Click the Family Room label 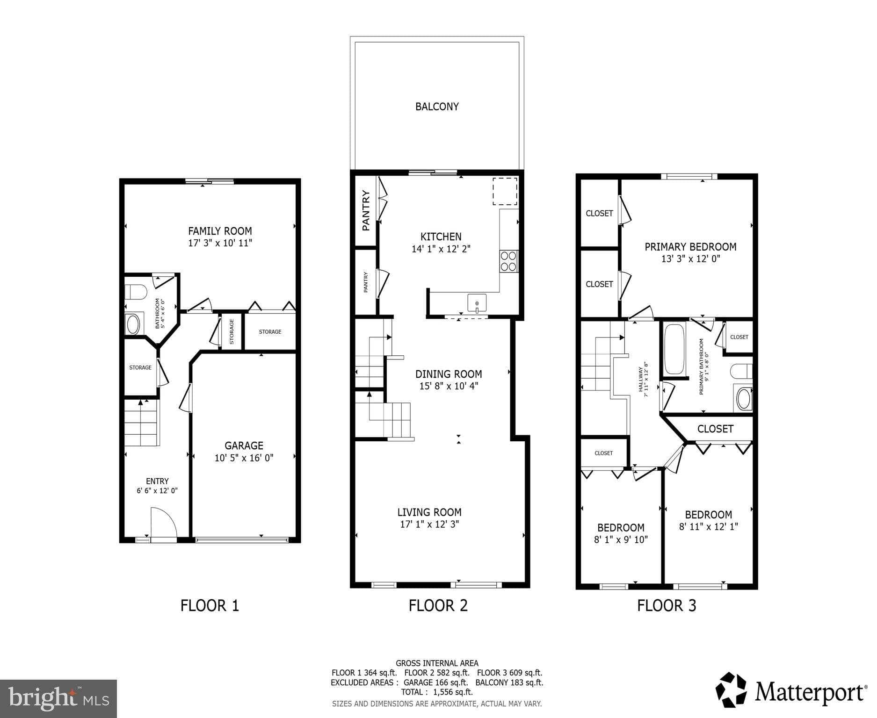tap(220, 231)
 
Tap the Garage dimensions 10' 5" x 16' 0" tap(244, 458)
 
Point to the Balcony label tap(437, 107)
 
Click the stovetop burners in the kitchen tap(508, 261)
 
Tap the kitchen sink tap(477, 303)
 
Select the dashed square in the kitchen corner tap(505, 191)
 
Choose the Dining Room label tap(449, 374)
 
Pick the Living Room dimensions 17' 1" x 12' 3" tap(429, 524)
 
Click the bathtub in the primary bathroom tap(674, 349)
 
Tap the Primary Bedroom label tap(690, 247)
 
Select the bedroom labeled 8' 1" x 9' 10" tap(621, 533)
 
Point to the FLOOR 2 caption tap(438, 606)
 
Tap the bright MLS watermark tap(58, 698)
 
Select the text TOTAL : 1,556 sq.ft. tap(436, 692)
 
